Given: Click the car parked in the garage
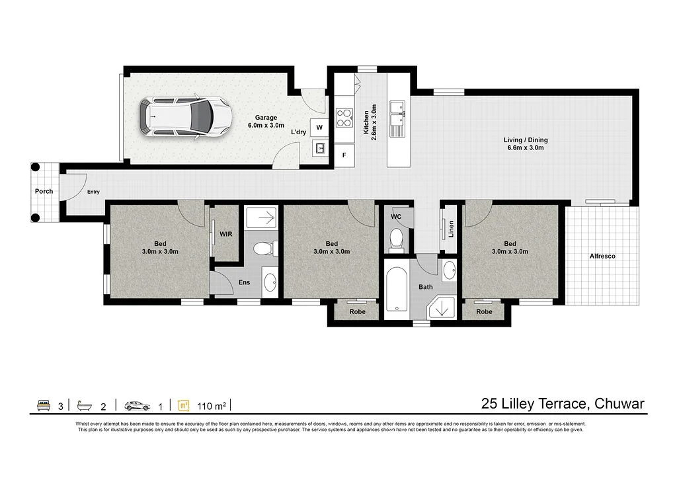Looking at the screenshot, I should click(x=186, y=117).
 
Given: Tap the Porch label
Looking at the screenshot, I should click(x=44, y=192).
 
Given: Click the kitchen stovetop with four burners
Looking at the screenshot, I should click(x=344, y=118).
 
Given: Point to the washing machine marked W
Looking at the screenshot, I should click(x=319, y=127).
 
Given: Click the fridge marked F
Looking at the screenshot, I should click(x=344, y=156).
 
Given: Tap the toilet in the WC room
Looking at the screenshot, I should click(x=396, y=239).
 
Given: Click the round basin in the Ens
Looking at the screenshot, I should click(x=270, y=282).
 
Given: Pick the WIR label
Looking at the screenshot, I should click(x=225, y=232).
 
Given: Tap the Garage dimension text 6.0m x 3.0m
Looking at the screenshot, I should click(x=266, y=125).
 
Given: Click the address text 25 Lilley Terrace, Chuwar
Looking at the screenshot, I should click(x=563, y=404).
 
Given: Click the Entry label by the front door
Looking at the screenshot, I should click(x=93, y=192).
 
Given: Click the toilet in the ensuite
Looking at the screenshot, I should click(x=264, y=249).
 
